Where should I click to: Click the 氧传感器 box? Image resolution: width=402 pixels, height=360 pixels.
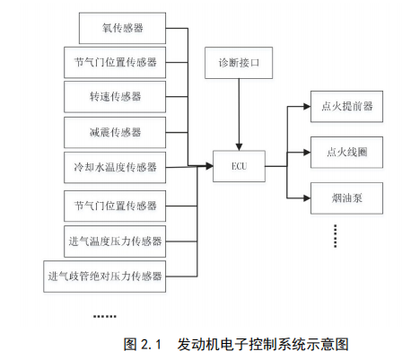(122, 28)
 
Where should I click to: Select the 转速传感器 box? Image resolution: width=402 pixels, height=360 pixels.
(115, 97)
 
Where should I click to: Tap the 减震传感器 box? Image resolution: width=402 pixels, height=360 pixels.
(115, 132)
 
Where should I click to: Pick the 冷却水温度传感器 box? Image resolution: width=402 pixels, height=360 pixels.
(115, 167)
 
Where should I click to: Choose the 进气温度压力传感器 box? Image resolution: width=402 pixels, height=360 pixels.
(115, 241)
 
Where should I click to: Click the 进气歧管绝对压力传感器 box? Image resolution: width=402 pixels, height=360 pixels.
(105, 277)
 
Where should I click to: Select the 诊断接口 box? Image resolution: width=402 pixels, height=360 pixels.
(239, 63)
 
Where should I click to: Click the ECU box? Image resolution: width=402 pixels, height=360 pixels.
(239, 166)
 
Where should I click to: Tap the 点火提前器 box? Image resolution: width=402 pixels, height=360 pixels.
(346, 107)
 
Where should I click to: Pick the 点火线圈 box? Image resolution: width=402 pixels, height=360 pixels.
(346, 153)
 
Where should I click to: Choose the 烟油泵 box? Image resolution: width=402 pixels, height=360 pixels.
(346, 198)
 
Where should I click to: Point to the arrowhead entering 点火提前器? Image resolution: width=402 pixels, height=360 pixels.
(307, 107)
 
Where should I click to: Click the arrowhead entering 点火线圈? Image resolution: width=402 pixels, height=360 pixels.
(307, 153)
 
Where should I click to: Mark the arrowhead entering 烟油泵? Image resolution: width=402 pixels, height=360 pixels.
(307, 198)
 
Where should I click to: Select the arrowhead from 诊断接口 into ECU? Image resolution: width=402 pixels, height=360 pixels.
(239, 147)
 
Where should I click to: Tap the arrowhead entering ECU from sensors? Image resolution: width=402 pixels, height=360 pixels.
(209, 166)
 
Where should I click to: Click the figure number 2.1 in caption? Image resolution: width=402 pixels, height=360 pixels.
(151, 345)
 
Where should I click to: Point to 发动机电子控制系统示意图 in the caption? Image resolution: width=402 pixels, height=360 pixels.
(263, 345)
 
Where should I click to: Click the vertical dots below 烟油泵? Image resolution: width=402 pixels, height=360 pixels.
(336, 236)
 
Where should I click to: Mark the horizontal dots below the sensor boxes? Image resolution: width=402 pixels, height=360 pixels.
(105, 316)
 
